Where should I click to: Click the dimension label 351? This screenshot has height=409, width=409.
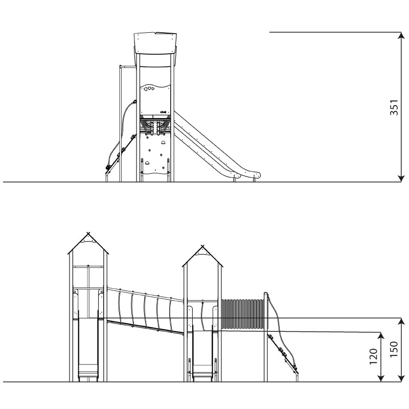(394, 107)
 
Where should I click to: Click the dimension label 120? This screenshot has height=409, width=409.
(374, 356)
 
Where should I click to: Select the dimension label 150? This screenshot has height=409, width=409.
(394, 349)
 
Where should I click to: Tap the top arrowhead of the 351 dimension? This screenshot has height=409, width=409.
(401, 35)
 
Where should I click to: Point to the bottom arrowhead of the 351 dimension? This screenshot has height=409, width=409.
(401, 178)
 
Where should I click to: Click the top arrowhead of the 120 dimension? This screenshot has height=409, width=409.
(381, 336)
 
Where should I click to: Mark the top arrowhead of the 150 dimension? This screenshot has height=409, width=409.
(401, 322)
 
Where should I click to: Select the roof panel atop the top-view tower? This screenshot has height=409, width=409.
(155, 43)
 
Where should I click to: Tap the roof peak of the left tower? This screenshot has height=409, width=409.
(88, 234)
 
